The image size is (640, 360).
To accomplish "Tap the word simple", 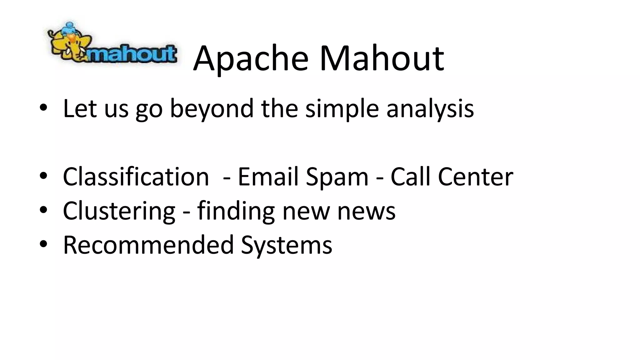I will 342,109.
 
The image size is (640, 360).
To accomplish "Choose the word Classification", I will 136,177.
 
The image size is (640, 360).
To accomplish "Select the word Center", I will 475,177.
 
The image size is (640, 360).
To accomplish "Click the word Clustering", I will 119,211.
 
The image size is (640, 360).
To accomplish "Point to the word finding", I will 236,211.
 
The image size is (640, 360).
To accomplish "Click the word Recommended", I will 148,245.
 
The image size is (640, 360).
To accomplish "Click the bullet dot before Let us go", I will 43,107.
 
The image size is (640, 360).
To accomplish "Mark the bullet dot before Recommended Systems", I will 43,243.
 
